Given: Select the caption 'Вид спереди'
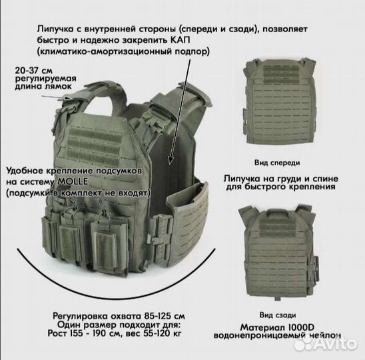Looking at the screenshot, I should point(276,162).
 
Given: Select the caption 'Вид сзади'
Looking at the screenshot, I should point(276,314).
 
